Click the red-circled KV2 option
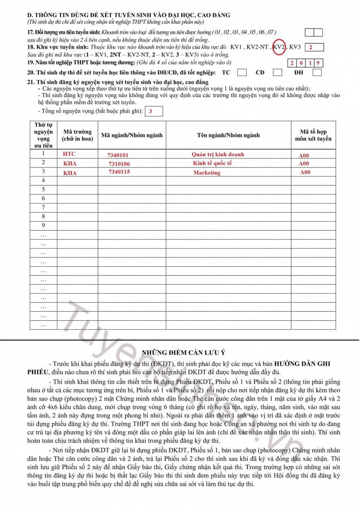click(x=279, y=47)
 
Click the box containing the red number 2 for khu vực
click(x=314, y=47)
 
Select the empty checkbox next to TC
click(x=242, y=73)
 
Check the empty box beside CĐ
click(x=277, y=73)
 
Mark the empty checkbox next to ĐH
click(x=317, y=73)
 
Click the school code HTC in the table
click(x=69, y=154)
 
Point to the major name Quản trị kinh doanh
click(x=218, y=154)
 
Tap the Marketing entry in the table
click(x=207, y=173)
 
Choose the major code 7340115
click(x=119, y=172)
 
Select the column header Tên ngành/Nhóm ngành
click(x=228, y=135)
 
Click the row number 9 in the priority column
click(x=43, y=225)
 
